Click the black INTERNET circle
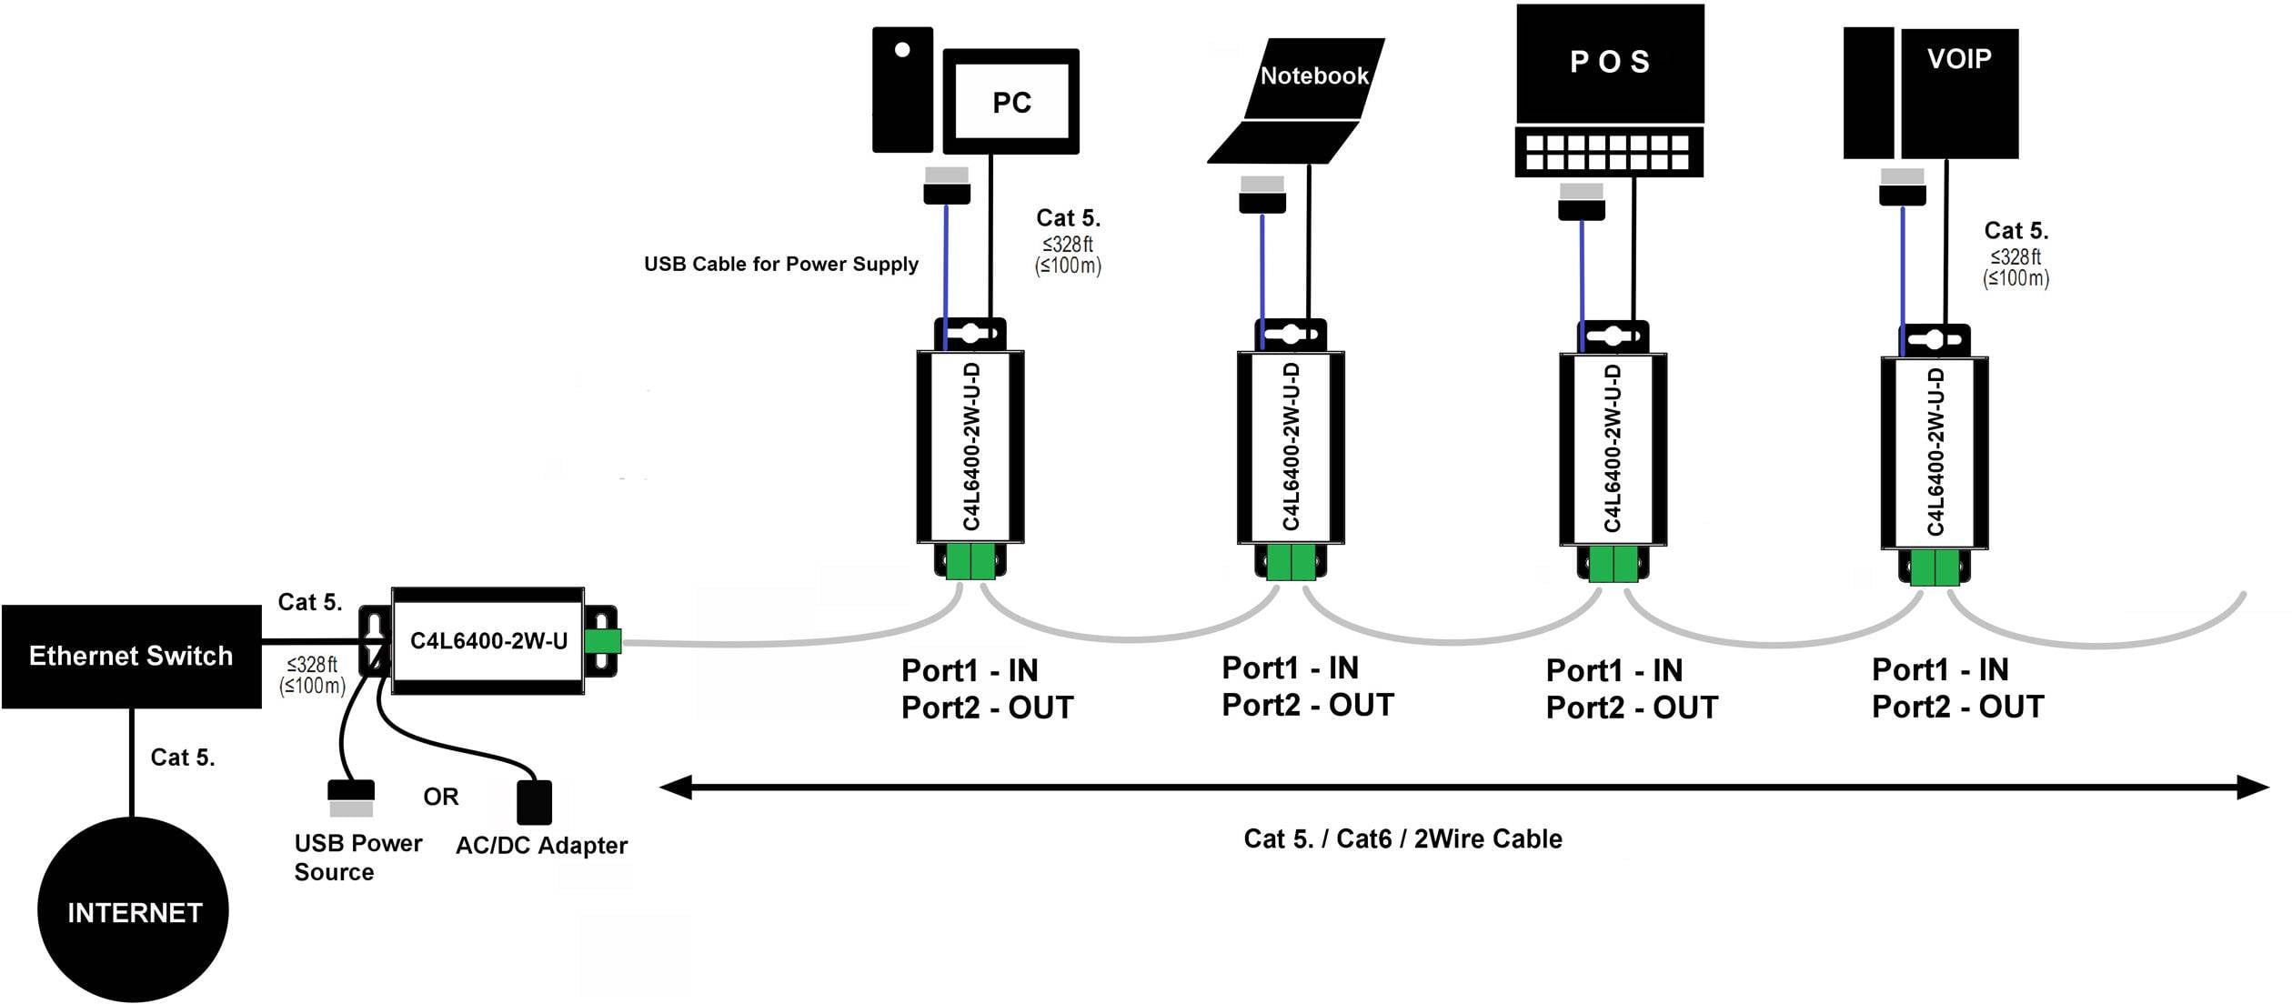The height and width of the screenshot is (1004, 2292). pyautogui.click(x=133, y=910)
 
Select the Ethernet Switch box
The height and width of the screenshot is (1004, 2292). pyautogui.click(x=131, y=656)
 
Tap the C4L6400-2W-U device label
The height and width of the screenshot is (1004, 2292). pyautogui.click(x=488, y=641)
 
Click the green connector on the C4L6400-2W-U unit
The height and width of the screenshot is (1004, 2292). pyautogui.click(x=602, y=641)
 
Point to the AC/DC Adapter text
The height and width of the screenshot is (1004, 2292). pyautogui.click(x=541, y=846)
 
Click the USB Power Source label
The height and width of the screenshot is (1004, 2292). pyautogui.click(x=357, y=857)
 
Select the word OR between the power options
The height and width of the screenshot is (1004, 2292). pyautogui.click(x=441, y=797)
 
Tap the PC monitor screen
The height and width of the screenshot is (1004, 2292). pyautogui.click(x=1011, y=102)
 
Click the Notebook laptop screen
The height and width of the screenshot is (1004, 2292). pyautogui.click(x=1313, y=77)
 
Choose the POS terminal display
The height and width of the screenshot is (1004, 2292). pyautogui.click(x=1609, y=62)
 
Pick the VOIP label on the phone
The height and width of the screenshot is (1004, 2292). pyautogui.click(x=1959, y=59)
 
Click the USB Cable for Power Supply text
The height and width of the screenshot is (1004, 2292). pyautogui.click(x=780, y=264)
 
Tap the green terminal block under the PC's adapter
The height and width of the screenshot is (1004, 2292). pyautogui.click(x=970, y=561)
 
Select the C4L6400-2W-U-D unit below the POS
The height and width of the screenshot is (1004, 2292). pyautogui.click(x=1613, y=449)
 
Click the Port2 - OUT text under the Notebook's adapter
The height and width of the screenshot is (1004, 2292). pyautogui.click(x=1307, y=705)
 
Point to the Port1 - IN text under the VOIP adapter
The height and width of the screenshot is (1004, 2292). pyautogui.click(x=1940, y=669)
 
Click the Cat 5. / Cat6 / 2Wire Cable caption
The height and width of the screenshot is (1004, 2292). pyautogui.click(x=1402, y=838)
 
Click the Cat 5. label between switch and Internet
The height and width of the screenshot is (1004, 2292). pyautogui.click(x=183, y=758)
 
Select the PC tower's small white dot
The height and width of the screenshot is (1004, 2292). pyautogui.click(x=902, y=50)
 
